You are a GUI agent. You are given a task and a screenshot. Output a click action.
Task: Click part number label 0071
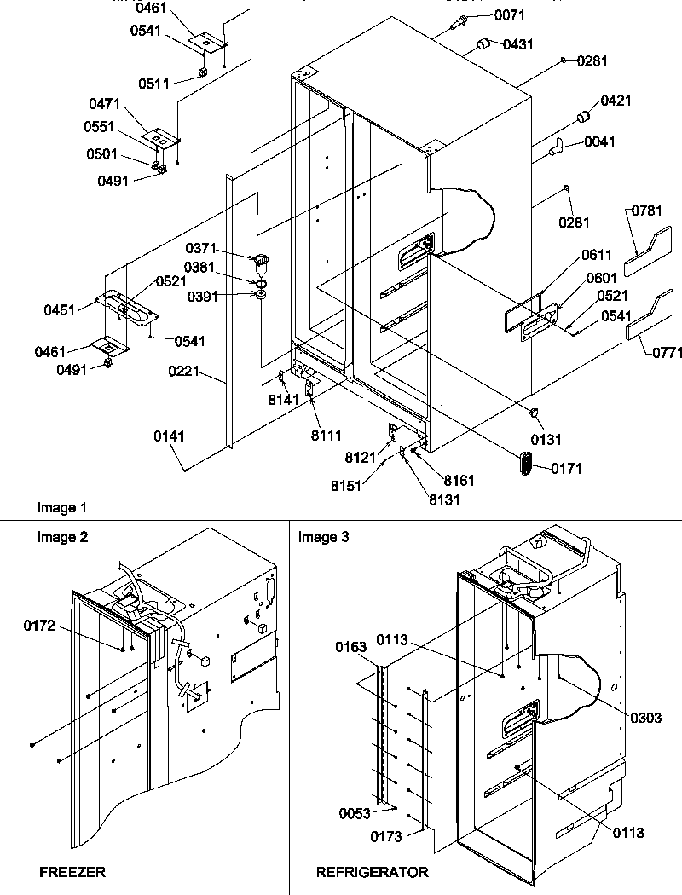click(509, 15)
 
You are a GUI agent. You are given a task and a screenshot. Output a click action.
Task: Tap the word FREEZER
click(72, 872)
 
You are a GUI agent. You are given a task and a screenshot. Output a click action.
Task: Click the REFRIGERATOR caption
click(373, 872)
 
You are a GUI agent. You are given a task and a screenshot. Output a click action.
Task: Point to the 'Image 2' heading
click(61, 537)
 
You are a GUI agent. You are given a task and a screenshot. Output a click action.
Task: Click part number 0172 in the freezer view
click(40, 626)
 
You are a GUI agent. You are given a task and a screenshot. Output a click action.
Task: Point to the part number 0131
click(547, 440)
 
